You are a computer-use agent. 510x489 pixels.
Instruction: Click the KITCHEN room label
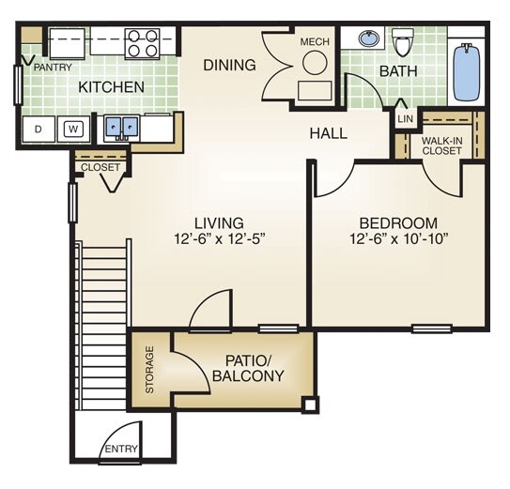111,87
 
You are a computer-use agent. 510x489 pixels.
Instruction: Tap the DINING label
229,65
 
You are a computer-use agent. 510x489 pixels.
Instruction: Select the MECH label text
313,42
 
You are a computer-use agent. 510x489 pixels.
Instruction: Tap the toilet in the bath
404,42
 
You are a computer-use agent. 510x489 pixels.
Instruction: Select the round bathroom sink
369,40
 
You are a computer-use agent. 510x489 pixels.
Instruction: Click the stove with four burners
143,42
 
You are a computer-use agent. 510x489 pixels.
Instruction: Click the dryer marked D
39,129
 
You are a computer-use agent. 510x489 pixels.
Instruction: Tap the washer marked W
72,129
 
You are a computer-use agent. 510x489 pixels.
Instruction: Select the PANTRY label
53,69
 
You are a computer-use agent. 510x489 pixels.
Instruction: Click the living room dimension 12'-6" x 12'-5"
219,240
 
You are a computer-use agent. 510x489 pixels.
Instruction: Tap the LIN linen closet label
405,119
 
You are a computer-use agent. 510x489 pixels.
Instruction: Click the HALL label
328,133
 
